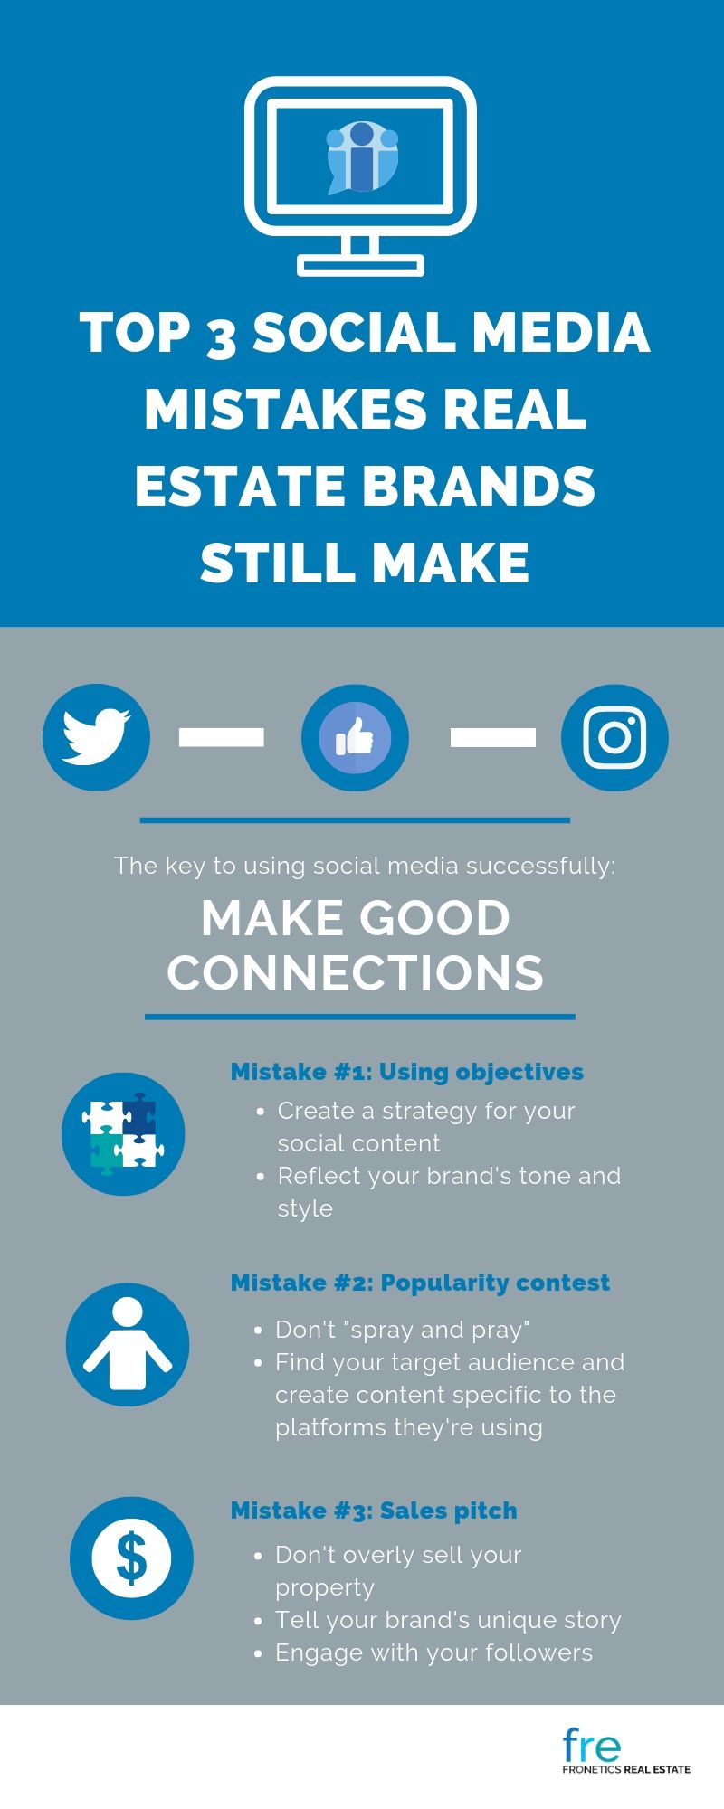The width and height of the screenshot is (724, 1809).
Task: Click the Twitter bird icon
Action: [96, 737]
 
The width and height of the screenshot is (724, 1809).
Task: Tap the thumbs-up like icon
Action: [355, 737]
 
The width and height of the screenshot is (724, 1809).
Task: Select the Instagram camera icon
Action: [614, 737]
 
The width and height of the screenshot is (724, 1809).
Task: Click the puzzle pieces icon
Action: [123, 1133]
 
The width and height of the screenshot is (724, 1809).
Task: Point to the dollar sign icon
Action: [132, 1558]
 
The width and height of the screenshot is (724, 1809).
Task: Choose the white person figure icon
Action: [128, 1344]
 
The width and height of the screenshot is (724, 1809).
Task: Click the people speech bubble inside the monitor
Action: [362, 156]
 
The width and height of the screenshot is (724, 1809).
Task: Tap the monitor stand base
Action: [361, 265]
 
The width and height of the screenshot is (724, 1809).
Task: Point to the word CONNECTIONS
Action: [355, 972]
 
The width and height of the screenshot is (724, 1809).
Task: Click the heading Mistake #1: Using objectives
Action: [407, 1072]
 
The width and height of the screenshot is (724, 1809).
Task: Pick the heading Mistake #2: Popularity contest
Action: [420, 1283]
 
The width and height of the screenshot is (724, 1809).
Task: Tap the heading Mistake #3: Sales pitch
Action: [374, 1511]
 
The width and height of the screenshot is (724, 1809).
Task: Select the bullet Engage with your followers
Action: [434, 1653]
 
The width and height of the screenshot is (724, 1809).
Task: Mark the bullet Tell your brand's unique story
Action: [448, 1620]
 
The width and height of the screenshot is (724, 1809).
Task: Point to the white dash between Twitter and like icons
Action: [222, 737]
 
